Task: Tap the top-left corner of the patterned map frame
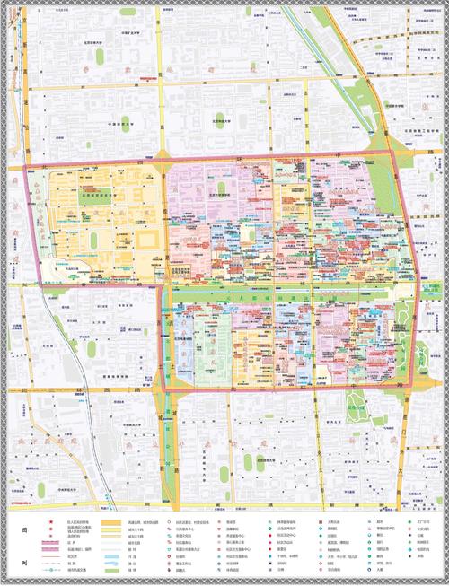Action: (4, 4)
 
